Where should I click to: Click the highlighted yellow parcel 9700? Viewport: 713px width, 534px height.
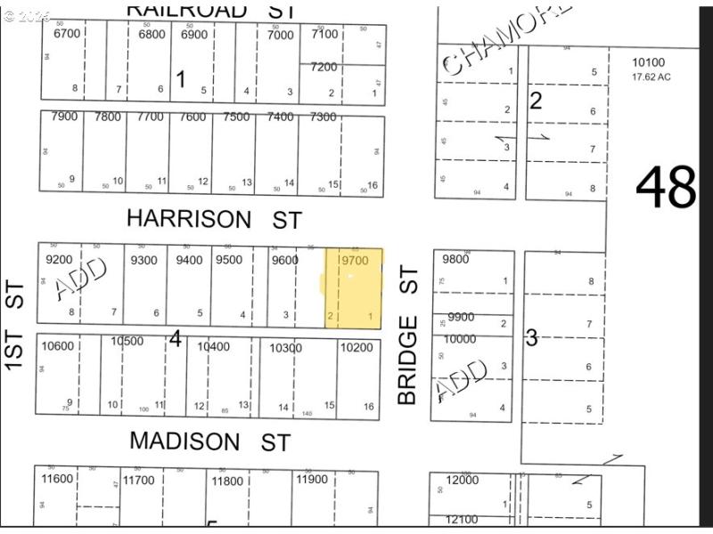(x=354, y=289)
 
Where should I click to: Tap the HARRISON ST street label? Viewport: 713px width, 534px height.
(x=215, y=219)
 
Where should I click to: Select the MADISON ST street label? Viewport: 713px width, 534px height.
(x=209, y=441)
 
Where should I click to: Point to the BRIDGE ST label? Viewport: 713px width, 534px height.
(x=408, y=335)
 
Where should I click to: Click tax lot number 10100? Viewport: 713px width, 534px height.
(x=648, y=63)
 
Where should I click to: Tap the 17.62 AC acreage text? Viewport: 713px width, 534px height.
(x=652, y=77)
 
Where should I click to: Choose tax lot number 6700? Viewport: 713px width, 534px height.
(x=67, y=34)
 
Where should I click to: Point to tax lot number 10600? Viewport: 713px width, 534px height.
(x=58, y=347)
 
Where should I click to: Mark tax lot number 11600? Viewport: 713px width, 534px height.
(x=58, y=480)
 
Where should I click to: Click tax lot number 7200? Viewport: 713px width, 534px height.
(x=324, y=67)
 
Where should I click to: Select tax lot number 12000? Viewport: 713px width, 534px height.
(x=463, y=480)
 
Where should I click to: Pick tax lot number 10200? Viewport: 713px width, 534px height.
(x=356, y=347)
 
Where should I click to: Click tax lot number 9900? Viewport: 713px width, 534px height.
(x=461, y=317)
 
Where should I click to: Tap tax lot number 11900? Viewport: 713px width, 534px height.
(x=311, y=480)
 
